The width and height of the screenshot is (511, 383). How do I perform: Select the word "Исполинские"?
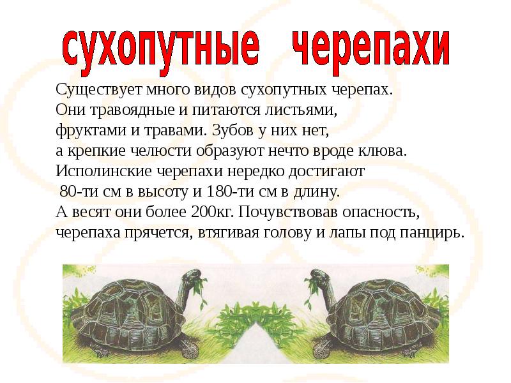coord(96,172)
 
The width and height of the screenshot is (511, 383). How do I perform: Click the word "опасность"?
coord(370,212)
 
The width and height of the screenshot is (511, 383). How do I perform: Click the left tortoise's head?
coord(191,275)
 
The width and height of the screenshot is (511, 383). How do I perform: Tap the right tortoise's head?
coord(319,275)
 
